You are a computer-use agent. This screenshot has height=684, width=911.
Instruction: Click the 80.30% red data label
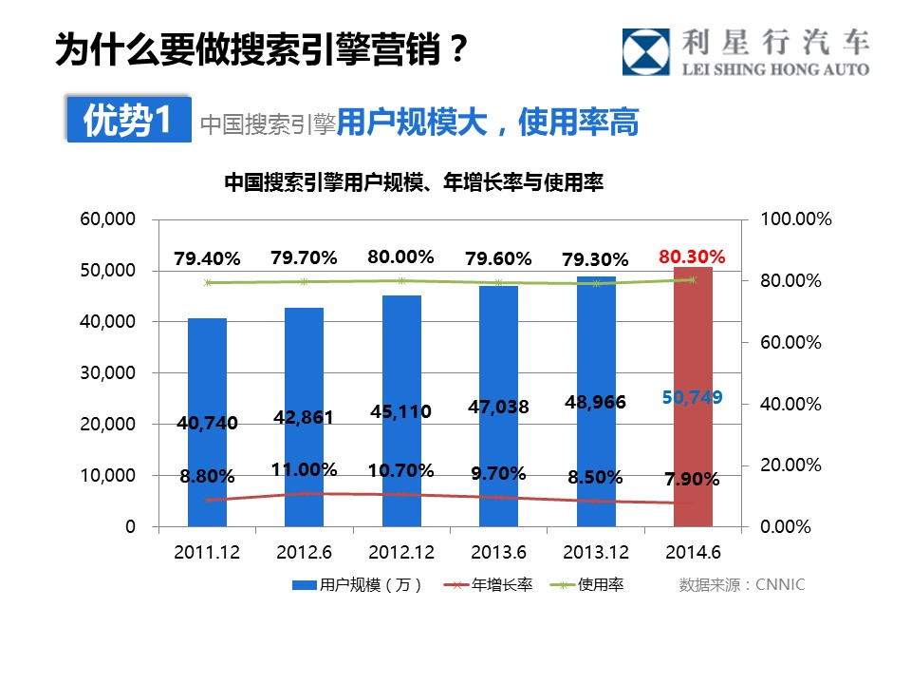pyautogui.click(x=692, y=256)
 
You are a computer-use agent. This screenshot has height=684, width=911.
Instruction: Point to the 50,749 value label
pyautogui.click(x=692, y=398)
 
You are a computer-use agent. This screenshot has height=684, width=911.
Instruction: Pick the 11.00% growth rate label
pyautogui.click(x=304, y=469)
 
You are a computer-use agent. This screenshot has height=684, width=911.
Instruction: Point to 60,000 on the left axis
pyautogui.click(x=108, y=219)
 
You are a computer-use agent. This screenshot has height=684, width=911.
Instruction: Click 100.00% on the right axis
pyautogui.click(x=796, y=219)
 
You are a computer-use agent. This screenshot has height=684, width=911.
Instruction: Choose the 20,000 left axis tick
pyautogui.click(x=108, y=424)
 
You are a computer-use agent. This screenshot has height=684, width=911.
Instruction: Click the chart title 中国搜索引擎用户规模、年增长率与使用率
pyautogui.click(x=414, y=181)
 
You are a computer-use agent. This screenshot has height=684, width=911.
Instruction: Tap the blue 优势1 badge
pyautogui.click(x=128, y=121)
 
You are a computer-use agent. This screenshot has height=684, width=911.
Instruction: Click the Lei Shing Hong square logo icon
pyautogui.click(x=646, y=52)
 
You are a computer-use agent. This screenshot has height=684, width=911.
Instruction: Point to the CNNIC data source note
pyautogui.click(x=741, y=585)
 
